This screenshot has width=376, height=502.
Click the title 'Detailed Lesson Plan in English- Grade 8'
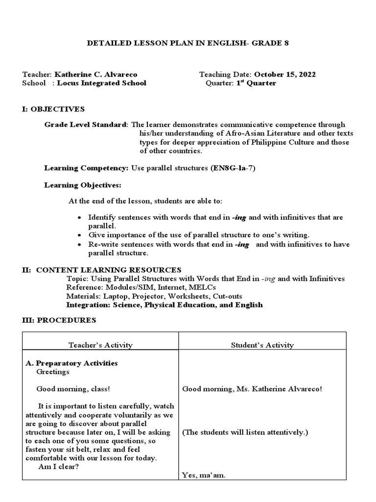pos(188,43)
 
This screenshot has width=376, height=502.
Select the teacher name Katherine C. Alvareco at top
pos(95,75)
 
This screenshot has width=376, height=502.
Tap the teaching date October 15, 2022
pos(284,75)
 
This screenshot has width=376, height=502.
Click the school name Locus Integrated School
pos(101,83)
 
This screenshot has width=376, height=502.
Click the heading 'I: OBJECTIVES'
pos(53,109)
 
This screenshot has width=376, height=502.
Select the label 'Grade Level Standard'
pos(86,125)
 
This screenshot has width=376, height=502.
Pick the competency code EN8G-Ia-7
pos(233,168)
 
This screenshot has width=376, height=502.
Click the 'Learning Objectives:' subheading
pos(82,185)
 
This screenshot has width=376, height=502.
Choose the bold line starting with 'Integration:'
pos(164,305)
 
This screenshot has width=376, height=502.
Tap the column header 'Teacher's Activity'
pos(100,345)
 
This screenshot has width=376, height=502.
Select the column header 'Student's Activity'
pos(262,345)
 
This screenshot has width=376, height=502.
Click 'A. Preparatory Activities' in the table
pos(71,363)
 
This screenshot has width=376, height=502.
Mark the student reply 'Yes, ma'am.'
pos(204,475)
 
